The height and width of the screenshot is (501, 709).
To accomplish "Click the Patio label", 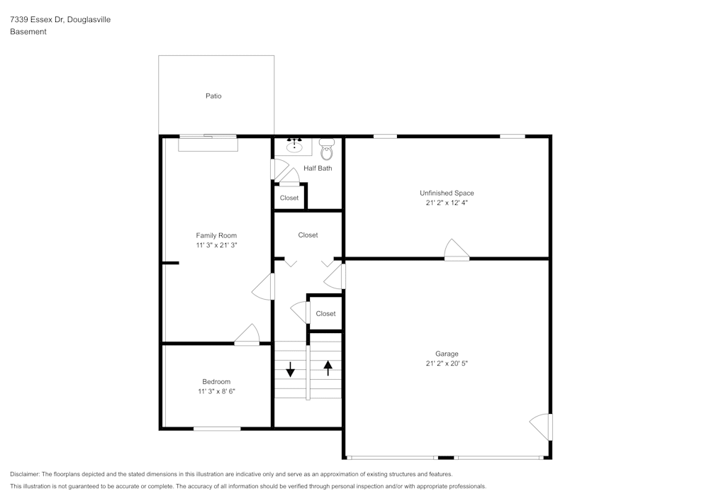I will pos(213,96).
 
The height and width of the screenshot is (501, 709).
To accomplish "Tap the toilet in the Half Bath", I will pos(327,151).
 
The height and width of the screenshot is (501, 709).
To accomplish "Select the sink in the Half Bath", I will pos(294,147).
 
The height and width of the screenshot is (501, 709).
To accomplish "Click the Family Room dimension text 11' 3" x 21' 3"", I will pos(216,245).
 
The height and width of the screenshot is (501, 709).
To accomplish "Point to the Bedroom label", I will pos(216,382).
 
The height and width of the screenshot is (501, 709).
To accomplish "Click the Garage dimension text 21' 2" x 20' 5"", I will pos(447,364).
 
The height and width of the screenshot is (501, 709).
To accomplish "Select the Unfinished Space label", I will pos(447,193).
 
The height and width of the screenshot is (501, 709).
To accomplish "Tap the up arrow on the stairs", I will pos(328,368).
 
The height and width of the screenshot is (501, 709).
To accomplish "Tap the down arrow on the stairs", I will pos(290,368).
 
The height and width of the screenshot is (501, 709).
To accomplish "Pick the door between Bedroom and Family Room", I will pos(247,335).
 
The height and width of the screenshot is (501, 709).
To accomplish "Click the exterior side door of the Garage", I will pos(542,427).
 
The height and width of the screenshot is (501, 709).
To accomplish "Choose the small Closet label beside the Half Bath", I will pos(289,198).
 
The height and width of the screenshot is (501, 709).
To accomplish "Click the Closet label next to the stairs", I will pos(325,313).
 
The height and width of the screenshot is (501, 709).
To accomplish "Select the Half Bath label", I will pos(318,169).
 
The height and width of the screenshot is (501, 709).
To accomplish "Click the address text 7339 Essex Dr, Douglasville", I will pos(60,20).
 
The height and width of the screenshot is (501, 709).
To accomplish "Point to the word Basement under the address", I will pos(28,32).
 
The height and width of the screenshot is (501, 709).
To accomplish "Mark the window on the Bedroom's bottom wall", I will pos(217,428).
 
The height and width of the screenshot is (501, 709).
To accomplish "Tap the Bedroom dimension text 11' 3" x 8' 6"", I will pos(216,391).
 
